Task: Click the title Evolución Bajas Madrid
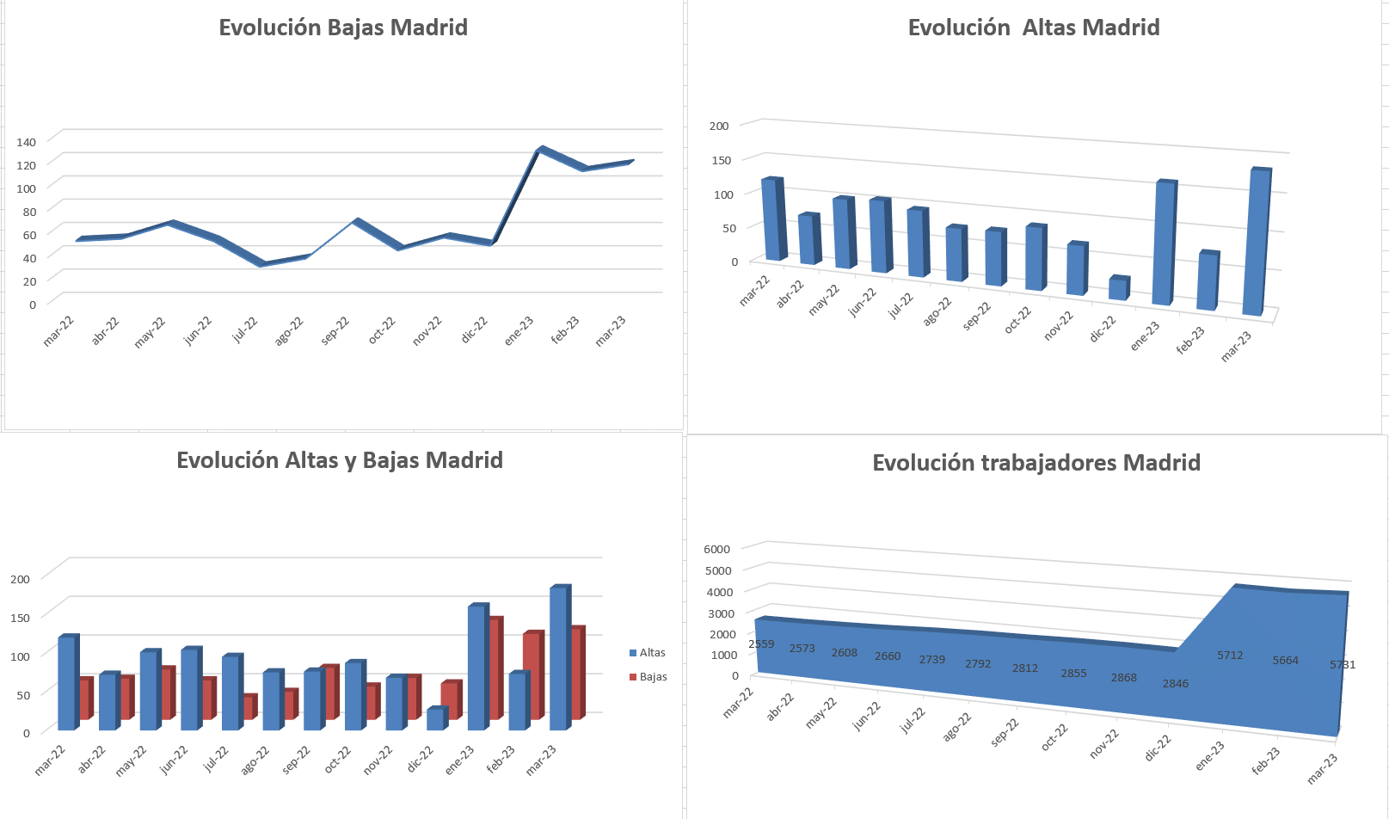(343, 28)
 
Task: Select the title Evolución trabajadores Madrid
(1036, 463)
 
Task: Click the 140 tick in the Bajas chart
(26, 142)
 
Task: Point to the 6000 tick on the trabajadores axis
(716, 549)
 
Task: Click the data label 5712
(1230, 656)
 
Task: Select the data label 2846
(1175, 684)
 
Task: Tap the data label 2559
(761, 644)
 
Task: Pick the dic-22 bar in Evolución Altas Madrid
(1117, 289)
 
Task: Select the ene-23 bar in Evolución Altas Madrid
(1163, 243)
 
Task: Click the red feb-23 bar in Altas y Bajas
(532, 676)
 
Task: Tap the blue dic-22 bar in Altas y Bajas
(435, 720)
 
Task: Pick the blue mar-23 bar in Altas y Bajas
(558, 659)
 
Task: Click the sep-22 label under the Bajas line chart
(335, 330)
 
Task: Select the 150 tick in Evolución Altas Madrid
(721, 160)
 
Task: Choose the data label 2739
(931, 660)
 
